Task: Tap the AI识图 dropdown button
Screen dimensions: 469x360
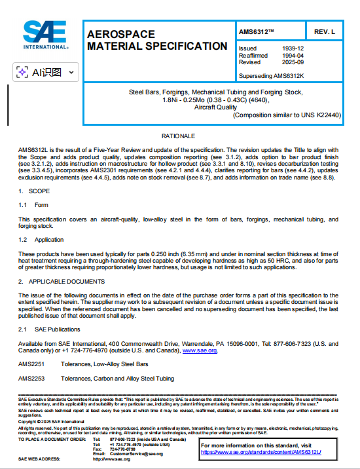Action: pyautogui.click(x=46, y=72)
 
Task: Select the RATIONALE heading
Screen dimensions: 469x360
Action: pyautogui.click(x=179, y=136)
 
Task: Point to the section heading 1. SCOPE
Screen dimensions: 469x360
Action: pyautogui.click(x=30, y=191)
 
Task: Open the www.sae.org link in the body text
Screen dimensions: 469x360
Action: pyautogui.click(x=199, y=350)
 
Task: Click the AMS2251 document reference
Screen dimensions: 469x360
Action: pyautogui.click(x=31, y=364)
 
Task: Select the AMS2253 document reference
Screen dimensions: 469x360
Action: pyautogui.click(x=31, y=379)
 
